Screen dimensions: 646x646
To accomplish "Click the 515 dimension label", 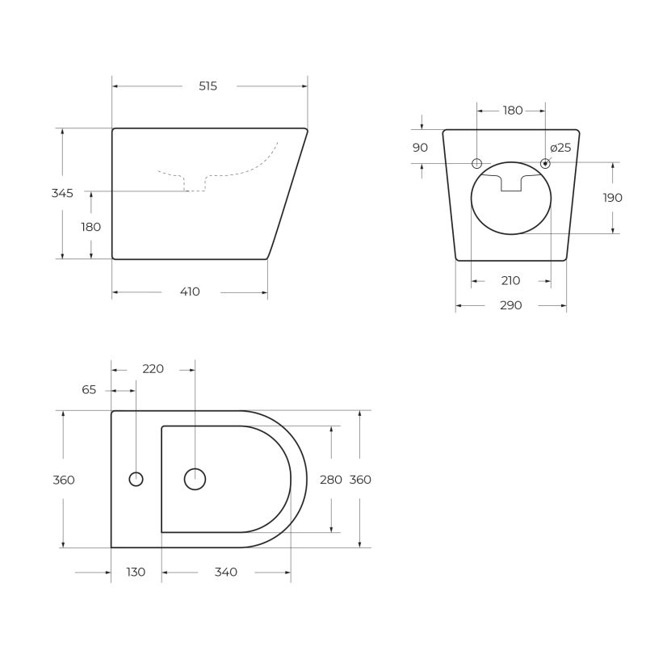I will point(208,86).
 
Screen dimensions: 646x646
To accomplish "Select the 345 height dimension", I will point(62,193).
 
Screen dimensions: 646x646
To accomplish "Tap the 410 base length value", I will point(190,292).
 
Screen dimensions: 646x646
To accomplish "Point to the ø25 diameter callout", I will point(560,147).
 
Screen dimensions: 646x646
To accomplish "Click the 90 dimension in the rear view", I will point(420,147).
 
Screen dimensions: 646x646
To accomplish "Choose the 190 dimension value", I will point(612,198).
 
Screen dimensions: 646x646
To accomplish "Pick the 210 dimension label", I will point(510,281).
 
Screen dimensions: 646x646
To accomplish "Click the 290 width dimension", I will point(510,305).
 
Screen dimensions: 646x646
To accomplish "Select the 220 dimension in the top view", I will point(153,369).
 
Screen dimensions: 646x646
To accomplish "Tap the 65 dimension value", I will point(89,389).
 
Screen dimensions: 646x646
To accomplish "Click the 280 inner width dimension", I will point(331,480).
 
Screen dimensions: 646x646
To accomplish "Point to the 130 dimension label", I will point(136,572).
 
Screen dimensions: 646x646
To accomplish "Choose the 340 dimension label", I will point(226,572).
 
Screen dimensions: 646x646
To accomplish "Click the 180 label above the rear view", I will point(513,111).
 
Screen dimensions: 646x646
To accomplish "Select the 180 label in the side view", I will point(91,227).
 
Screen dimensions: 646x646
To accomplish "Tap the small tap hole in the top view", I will point(136,480).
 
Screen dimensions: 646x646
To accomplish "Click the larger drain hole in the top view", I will point(195,480).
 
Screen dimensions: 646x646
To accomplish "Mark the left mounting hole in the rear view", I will point(477,163).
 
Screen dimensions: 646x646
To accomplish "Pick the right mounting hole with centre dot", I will point(545,163).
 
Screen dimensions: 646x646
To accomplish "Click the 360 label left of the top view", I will point(63,480).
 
